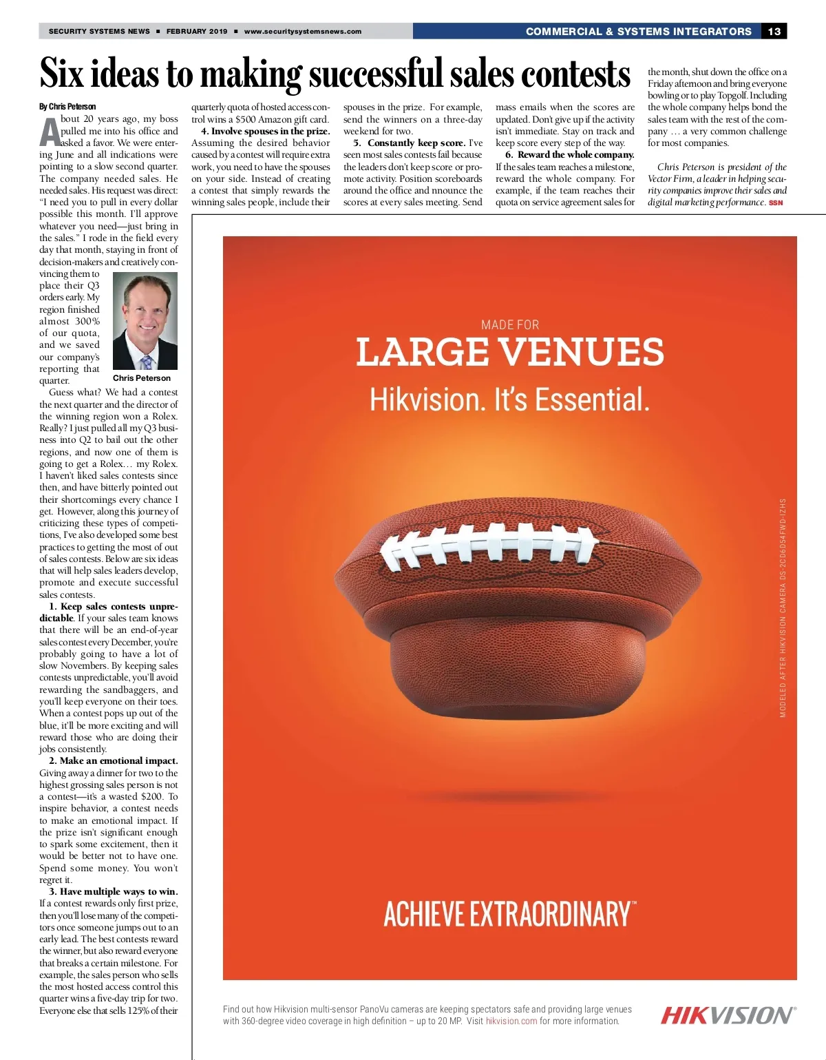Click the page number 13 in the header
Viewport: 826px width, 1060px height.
tap(774, 31)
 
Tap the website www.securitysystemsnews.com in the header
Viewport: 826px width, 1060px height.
tap(302, 31)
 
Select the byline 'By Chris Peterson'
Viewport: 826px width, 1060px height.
tap(67, 107)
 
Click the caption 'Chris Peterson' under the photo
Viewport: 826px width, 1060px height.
tap(142, 378)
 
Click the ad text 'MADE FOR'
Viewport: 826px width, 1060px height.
tap(510, 325)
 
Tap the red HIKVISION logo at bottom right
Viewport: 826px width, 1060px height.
tap(728, 1015)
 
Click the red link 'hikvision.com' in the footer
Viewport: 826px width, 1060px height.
tap(511, 1021)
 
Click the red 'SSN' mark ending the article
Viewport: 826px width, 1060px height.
tap(776, 202)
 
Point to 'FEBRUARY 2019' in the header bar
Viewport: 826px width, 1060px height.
tap(197, 31)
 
